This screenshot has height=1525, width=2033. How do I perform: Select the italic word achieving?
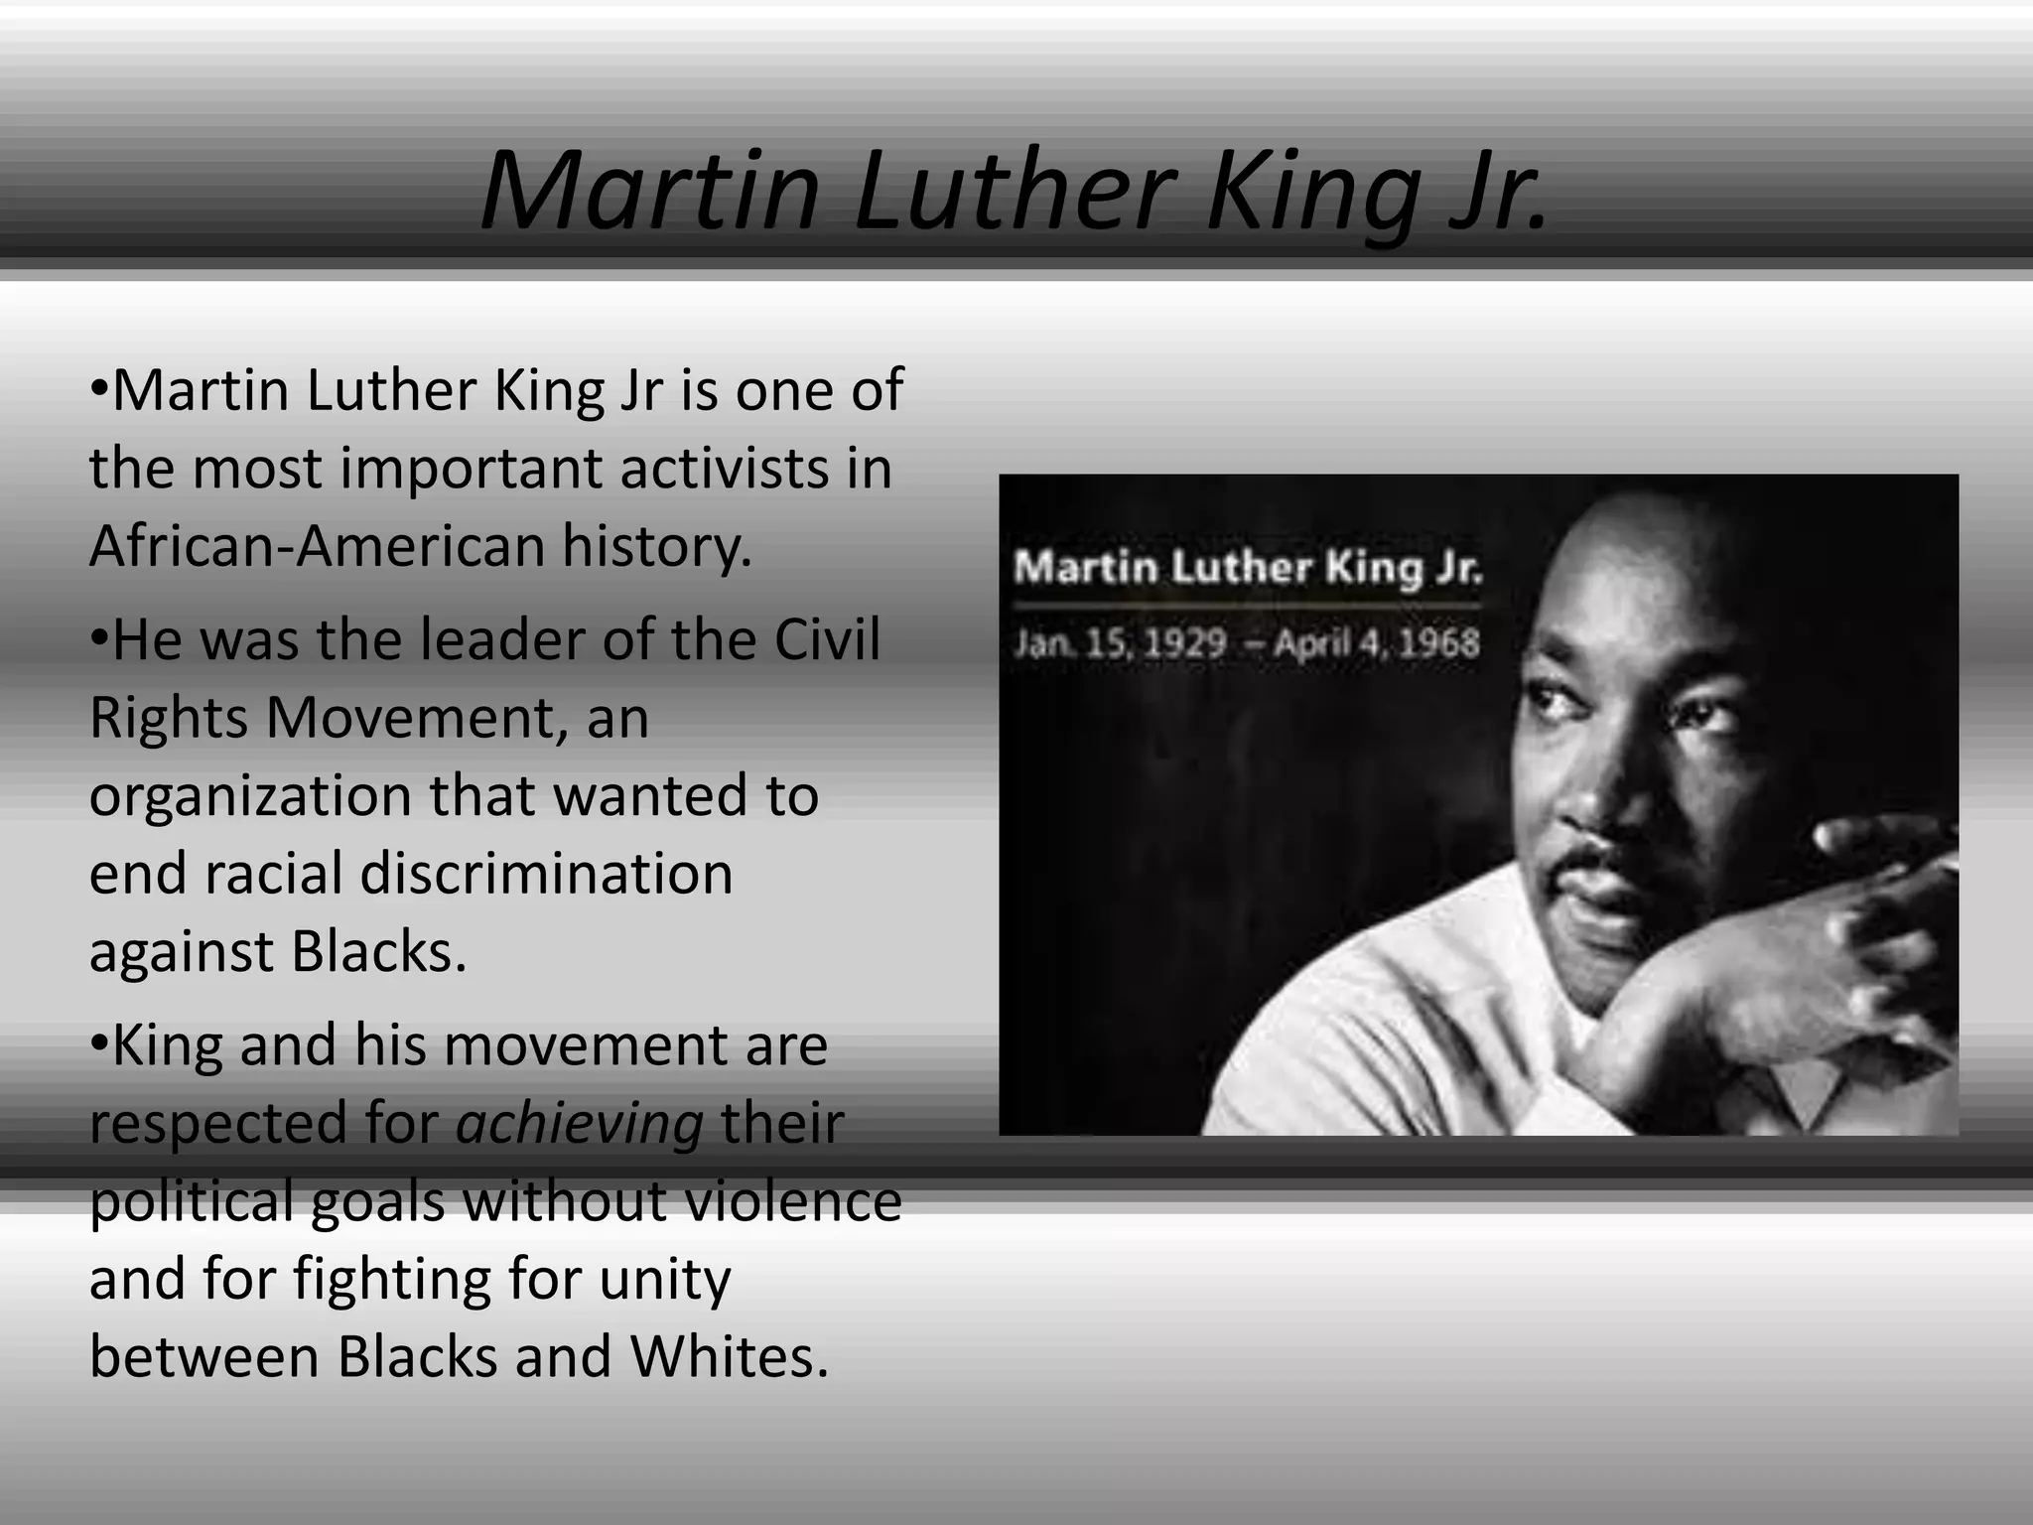(x=580, y=1124)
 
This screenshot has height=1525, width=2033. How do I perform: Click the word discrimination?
(x=546, y=874)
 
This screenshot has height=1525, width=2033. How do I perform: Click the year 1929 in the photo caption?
(x=1185, y=643)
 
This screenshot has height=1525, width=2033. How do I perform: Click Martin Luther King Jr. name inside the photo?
(x=1247, y=569)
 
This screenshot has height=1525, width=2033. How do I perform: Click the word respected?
(x=218, y=1124)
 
